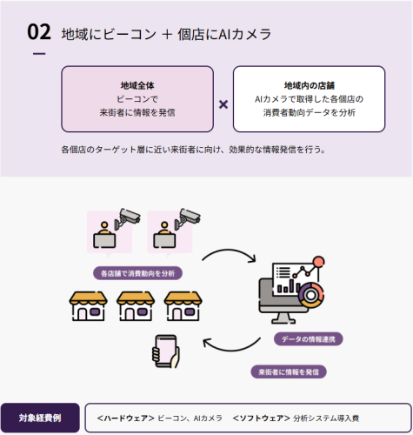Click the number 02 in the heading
coord(39,33)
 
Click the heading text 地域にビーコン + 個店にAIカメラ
coord(166,34)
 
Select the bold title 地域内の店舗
coord(309,85)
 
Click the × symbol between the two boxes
coord(223,104)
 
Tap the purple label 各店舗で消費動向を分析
coord(137,272)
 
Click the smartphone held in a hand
coord(165,351)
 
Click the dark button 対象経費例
coord(40,418)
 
